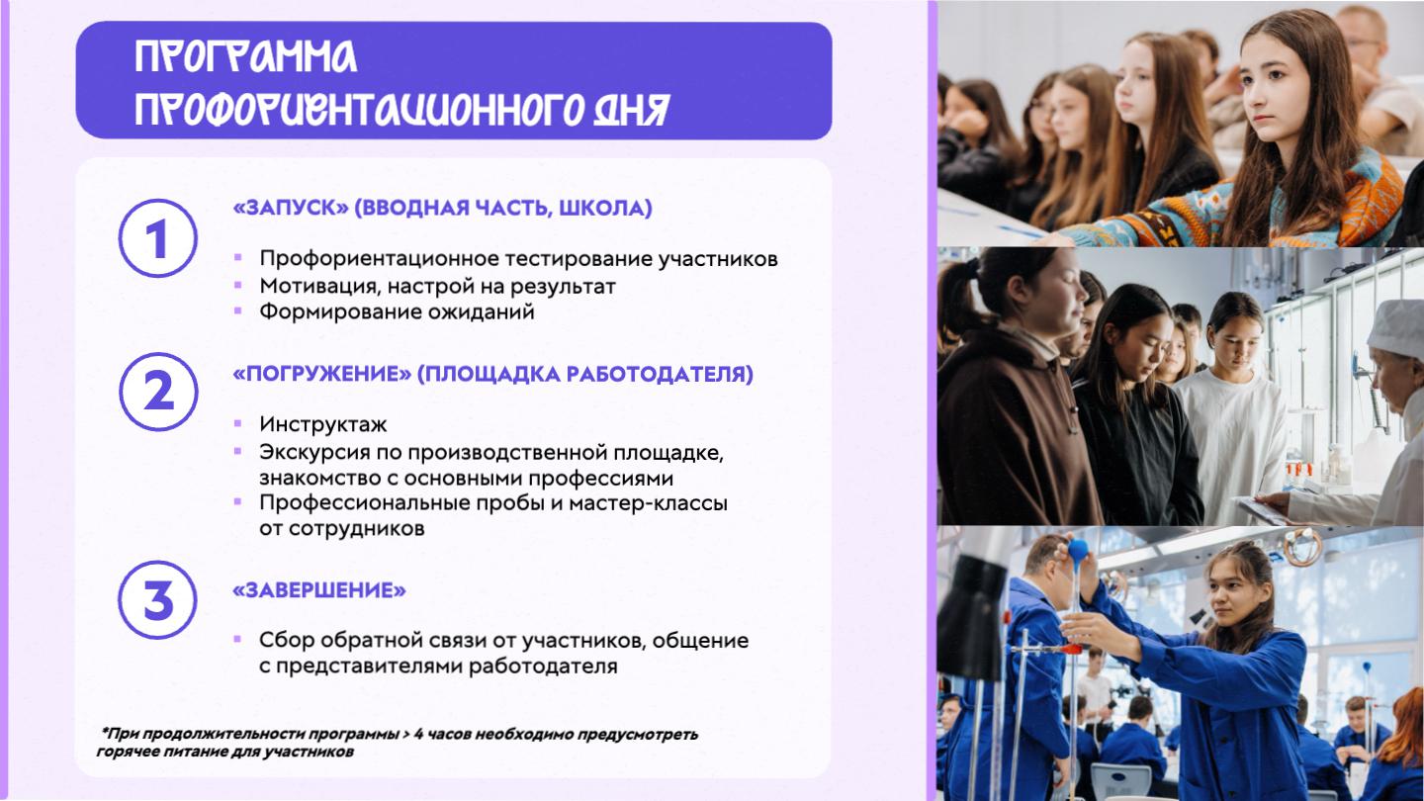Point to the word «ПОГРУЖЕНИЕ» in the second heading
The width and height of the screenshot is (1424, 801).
tap(322, 374)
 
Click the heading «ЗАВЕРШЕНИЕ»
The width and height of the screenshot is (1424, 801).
tap(319, 590)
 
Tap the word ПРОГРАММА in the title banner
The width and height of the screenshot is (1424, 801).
tap(245, 56)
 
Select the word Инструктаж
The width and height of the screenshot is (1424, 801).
tap(323, 424)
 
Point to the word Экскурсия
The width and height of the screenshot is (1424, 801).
tap(314, 453)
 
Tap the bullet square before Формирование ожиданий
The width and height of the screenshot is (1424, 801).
tap(238, 311)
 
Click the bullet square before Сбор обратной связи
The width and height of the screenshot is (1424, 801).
tap(237, 639)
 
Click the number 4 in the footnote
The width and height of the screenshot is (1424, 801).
tap(418, 734)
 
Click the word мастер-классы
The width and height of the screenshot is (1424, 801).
tap(648, 502)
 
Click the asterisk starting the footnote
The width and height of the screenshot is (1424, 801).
tap(104, 732)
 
